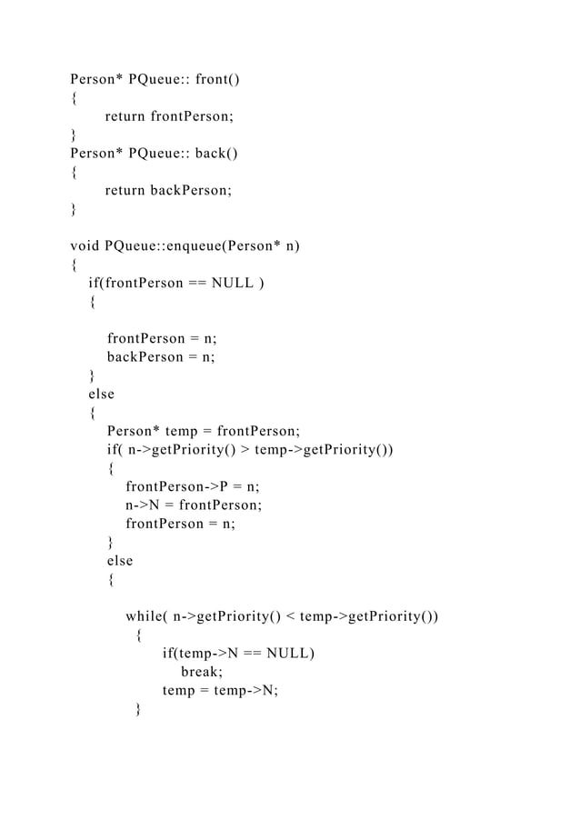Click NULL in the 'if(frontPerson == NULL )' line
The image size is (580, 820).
coord(234,283)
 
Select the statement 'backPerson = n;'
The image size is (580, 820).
coord(161,357)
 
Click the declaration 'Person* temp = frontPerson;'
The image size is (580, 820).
coord(203,431)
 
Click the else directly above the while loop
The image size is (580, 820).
coord(119,561)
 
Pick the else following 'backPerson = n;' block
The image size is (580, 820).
coord(101,395)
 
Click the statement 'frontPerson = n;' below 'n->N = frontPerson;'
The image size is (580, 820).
coord(180,524)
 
